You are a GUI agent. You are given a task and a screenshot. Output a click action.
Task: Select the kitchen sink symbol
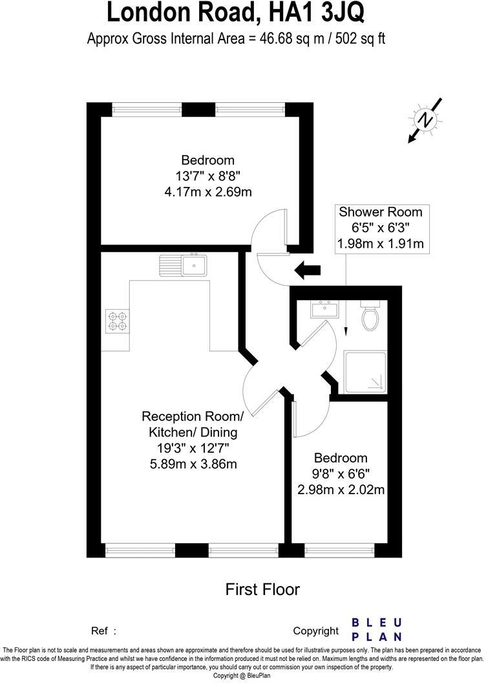[x=184, y=265]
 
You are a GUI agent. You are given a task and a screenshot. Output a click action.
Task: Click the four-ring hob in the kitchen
[x=117, y=321]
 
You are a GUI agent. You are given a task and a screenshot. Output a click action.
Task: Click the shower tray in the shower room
[x=366, y=371]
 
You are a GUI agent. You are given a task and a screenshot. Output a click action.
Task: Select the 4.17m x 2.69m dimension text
[x=207, y=191]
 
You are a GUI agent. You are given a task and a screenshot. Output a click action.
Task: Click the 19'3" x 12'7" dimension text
[x=192, y=448]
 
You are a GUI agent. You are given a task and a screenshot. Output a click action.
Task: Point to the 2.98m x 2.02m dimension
[x=341, y=490]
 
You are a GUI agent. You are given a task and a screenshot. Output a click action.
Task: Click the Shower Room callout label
[x=380, y=211]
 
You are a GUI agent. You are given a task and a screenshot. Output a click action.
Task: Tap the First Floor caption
[x=262, y=589]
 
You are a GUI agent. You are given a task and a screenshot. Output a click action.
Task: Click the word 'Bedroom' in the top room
[x=207, y=160]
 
